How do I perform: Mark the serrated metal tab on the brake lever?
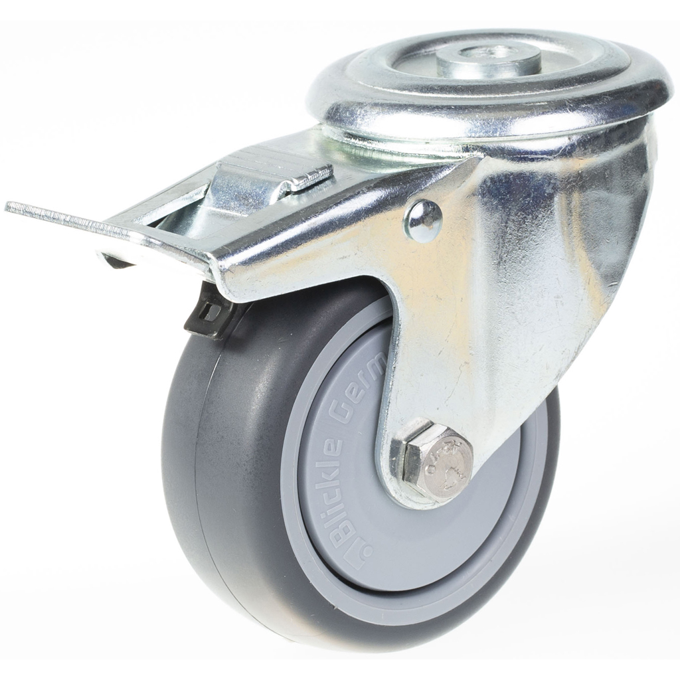click(311, 176)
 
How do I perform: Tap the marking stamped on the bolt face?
click(447, 465)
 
